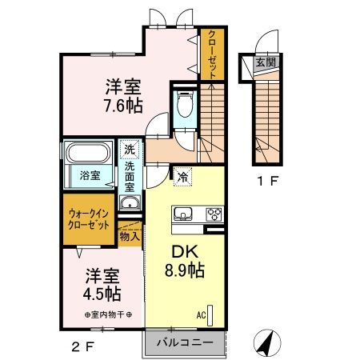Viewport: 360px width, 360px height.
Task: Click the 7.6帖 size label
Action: point(123,105)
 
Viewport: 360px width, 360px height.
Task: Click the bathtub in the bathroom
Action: point(89,154)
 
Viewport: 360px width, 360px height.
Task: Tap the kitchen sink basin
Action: point(182,214)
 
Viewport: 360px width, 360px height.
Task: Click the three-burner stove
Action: point(214,214)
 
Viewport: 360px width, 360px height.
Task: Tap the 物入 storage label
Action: point(130,235)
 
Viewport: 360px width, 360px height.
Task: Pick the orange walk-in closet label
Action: point(89,219)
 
